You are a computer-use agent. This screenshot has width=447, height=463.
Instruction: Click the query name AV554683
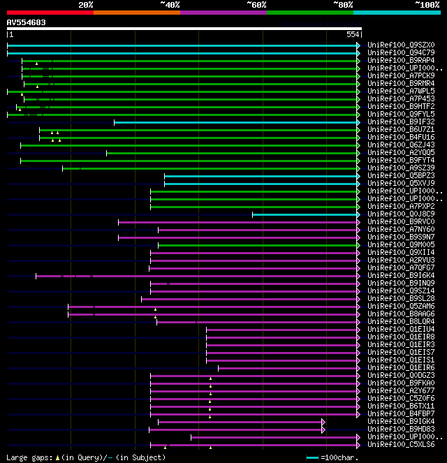coord(27,22)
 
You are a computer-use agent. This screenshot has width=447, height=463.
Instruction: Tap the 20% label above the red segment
coord(86,5)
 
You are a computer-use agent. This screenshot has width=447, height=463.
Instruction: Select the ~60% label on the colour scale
coord(256,5)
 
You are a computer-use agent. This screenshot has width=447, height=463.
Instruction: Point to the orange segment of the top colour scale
coord(136,12)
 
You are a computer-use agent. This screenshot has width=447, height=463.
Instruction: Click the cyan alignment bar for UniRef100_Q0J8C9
coord(305,214)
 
